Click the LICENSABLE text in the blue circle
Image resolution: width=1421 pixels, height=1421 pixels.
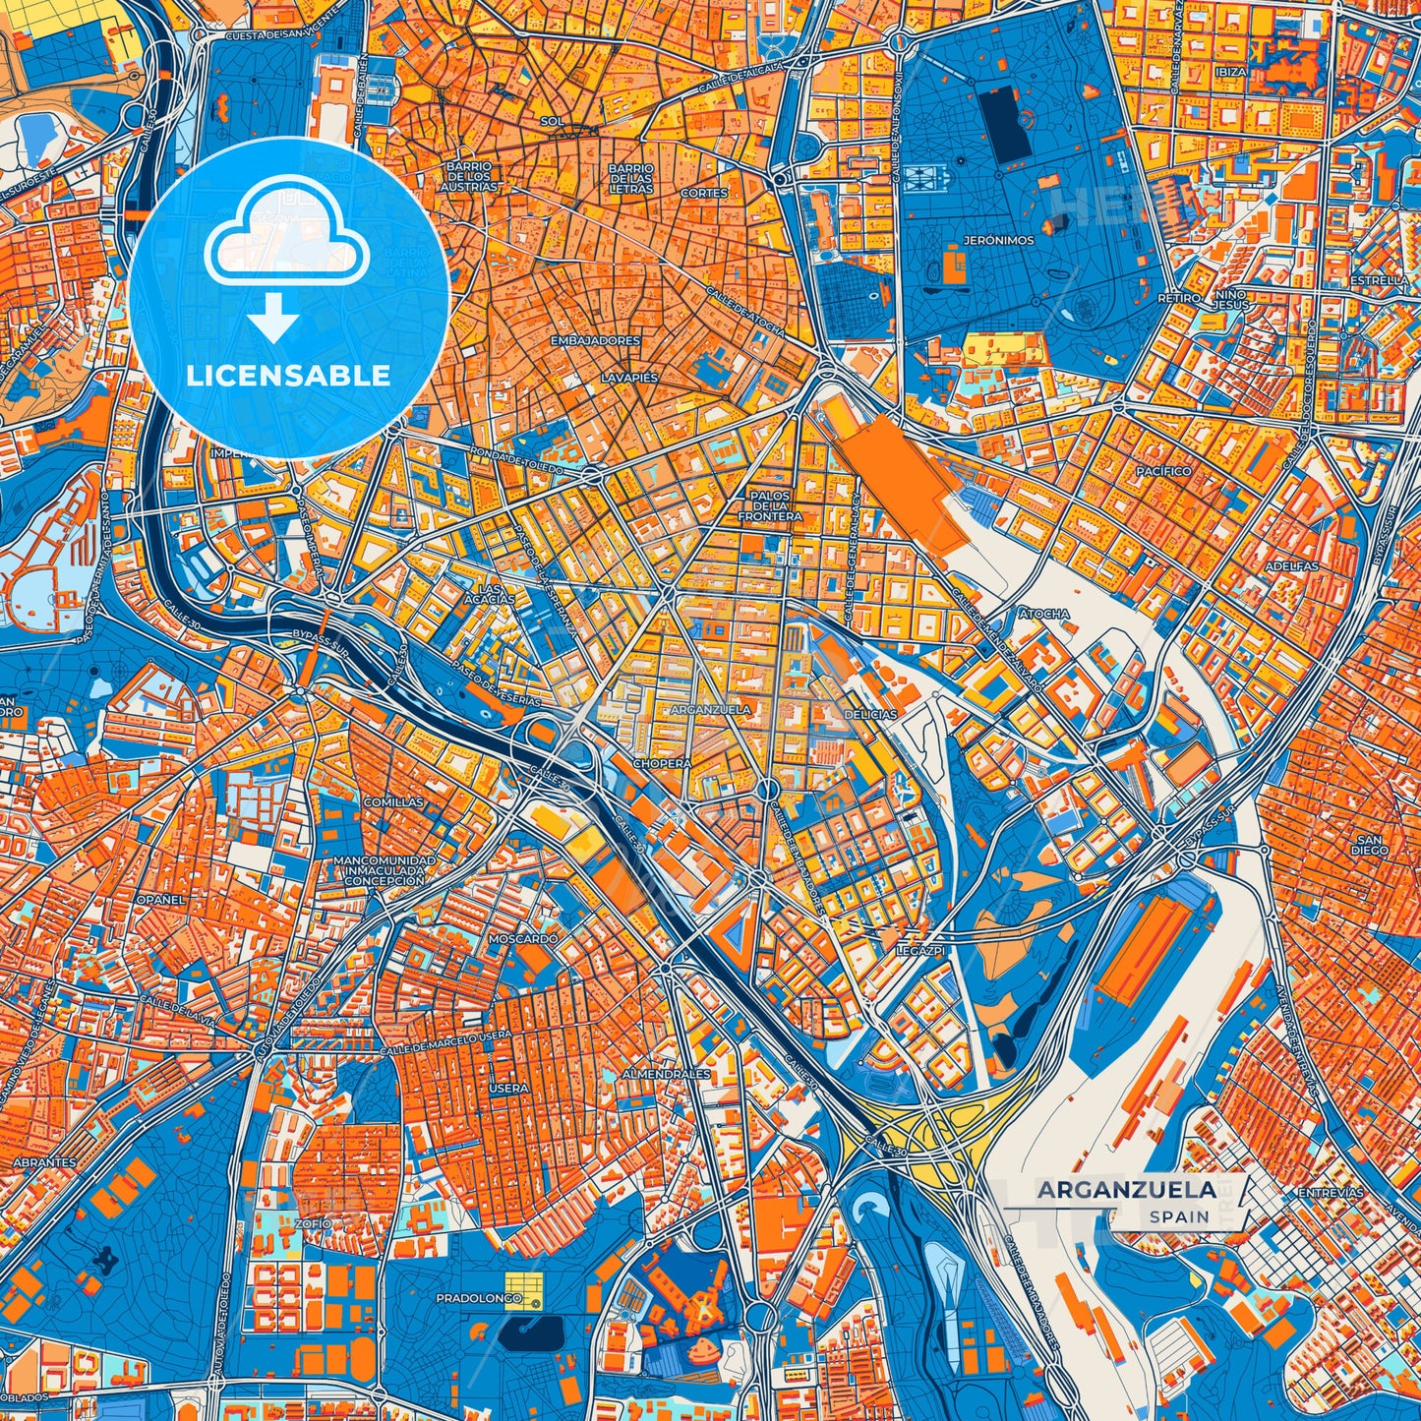click(289, 376)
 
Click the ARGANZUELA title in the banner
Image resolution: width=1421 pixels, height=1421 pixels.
click(1126, 1189)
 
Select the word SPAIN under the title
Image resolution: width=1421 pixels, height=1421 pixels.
click(1179, 1216)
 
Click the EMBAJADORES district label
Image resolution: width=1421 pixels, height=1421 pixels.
click(595, 340)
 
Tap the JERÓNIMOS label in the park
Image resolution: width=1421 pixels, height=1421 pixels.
click(998, 240)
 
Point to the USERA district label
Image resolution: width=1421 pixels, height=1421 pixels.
click(508, 1089)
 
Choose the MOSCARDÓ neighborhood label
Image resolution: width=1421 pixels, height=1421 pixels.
click(523, 939)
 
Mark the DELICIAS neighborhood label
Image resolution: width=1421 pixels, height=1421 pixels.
click(870, 715)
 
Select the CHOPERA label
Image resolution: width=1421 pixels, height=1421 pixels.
click(662, 763)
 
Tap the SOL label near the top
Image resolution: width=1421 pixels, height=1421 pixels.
click(552, 121)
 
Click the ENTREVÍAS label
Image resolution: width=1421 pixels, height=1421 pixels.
click(1331, 1192)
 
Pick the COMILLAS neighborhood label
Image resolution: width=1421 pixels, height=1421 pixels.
click(393, 802)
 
